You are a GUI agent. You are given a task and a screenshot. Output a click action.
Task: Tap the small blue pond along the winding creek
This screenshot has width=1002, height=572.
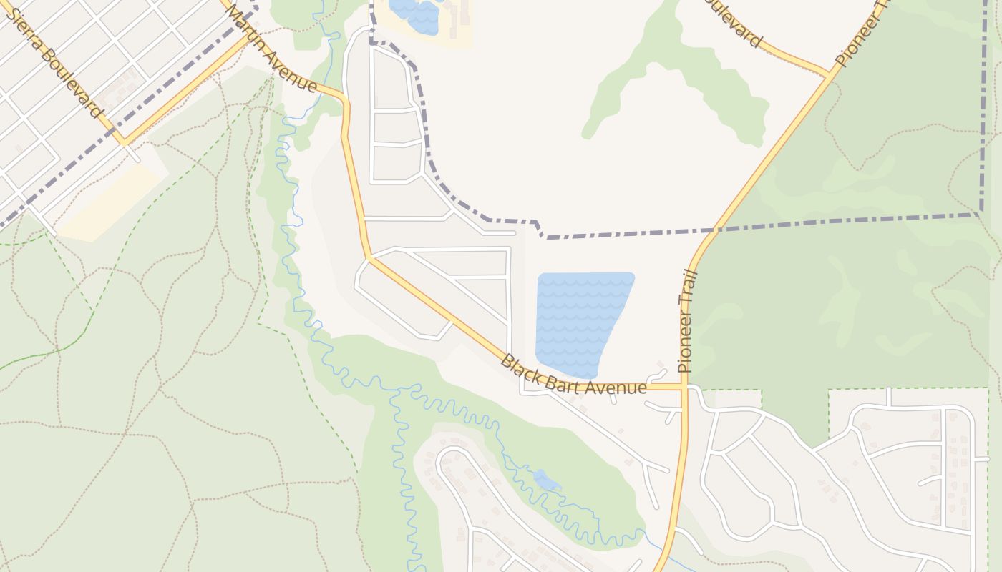coord(546,480)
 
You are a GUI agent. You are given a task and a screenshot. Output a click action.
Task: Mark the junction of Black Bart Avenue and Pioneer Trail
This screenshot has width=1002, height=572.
coord(684,387)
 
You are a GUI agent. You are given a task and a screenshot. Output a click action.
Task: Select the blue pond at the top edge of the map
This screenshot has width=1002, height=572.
coord(415,14)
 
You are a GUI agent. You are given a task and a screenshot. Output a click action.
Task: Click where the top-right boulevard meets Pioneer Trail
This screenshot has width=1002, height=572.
coord(831,74)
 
